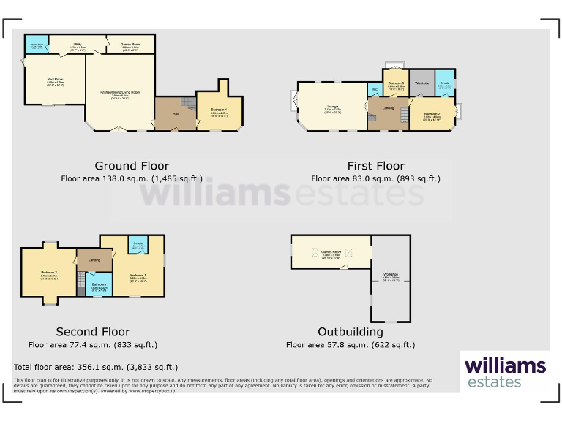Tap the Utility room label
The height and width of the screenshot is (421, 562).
78,45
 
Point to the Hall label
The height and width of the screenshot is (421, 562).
176,114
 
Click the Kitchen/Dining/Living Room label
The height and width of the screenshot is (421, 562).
120,93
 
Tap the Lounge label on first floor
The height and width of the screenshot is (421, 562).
333,107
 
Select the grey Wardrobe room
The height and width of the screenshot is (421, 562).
421,83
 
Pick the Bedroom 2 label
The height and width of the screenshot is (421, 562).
432,114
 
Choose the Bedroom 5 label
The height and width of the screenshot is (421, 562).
396,84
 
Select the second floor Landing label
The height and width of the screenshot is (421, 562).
94,259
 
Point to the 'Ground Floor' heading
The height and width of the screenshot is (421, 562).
132,166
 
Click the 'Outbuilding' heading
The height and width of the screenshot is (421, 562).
351,332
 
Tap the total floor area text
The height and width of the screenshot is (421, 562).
96,367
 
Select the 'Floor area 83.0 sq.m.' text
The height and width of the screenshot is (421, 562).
375,178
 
